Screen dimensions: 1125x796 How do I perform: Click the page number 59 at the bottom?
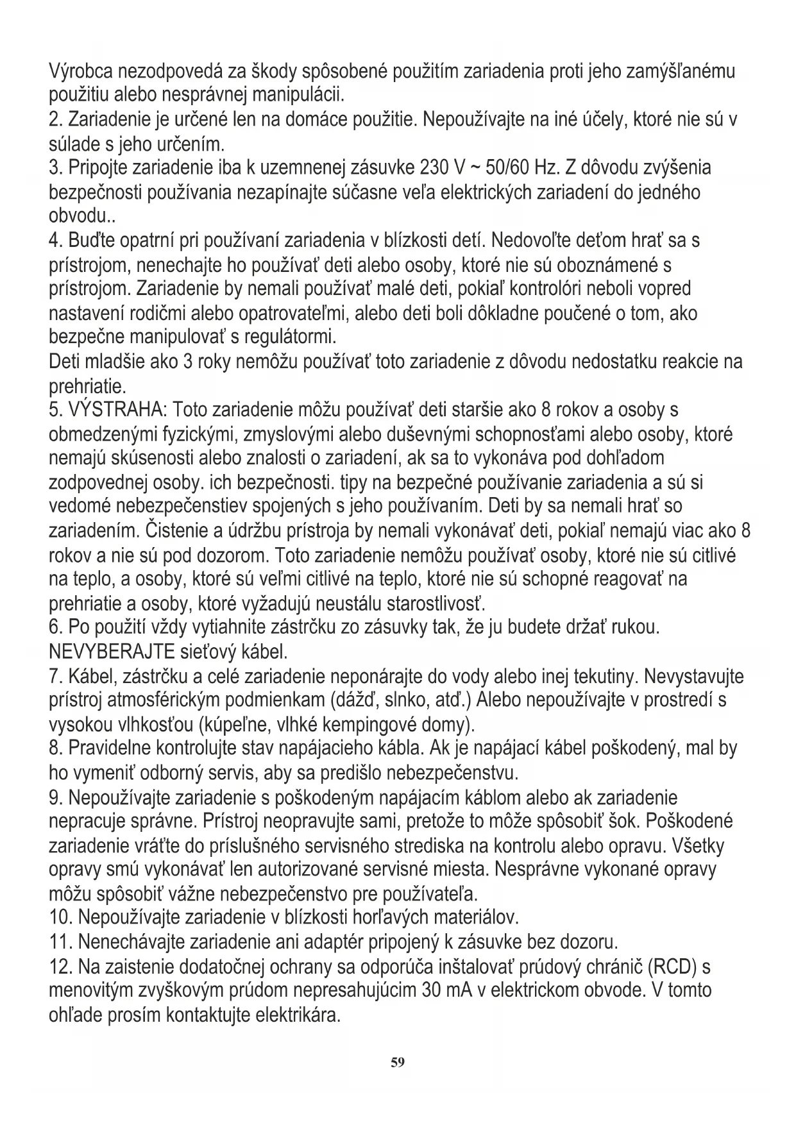[398, 1062]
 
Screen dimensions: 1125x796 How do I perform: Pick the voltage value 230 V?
[442, 168]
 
